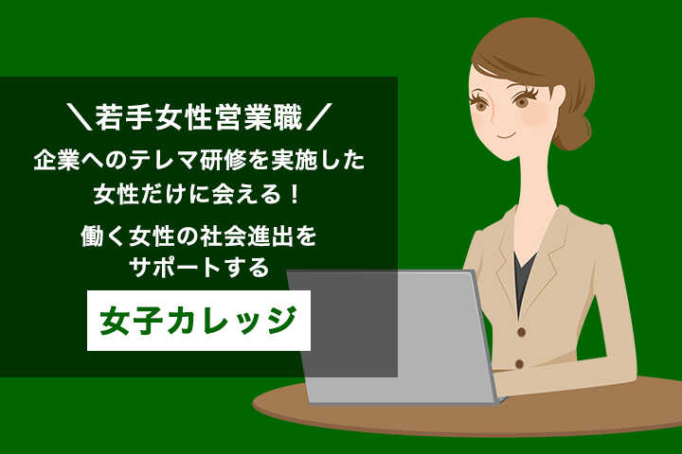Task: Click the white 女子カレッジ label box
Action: click(x=199, y=321)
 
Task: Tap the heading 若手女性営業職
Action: click(x=199, y=117)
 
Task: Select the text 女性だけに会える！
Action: click(x=198, y=194)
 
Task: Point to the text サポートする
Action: click(x=199, y=267)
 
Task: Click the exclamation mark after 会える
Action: click(x=295, y=194)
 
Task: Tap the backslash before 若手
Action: click(x=80, y=117)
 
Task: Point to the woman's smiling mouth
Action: click(x=506, y=133)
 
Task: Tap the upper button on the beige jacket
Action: click(x=522, y=332)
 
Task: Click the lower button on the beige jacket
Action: click(x=519, y=363)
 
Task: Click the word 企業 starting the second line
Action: click(x=50, y=161)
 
